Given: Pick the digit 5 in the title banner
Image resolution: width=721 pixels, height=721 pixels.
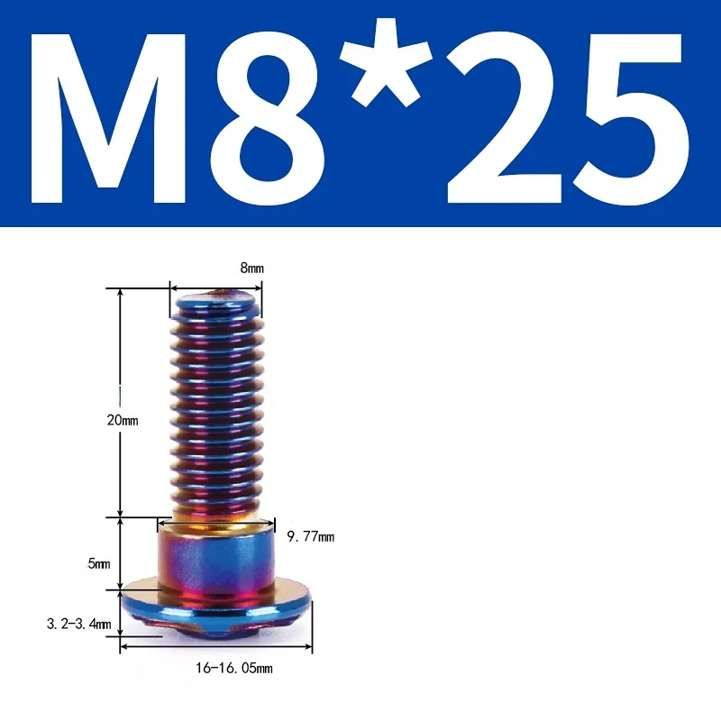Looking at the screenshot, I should (x=627, y=116).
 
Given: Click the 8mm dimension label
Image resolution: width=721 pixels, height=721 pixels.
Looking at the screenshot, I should (x=251, y=269).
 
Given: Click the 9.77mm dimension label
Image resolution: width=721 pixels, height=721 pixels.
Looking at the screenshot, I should (x=310, y=537).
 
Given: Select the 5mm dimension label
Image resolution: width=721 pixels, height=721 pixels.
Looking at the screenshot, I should (x=98, y=564).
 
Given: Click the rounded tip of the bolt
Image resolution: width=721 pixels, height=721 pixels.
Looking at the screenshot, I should (x=216, y=296).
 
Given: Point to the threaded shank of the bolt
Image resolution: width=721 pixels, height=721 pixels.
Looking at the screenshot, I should (x=216, y=406).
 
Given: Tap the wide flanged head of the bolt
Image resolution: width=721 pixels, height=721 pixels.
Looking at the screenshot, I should (x=216, y=606).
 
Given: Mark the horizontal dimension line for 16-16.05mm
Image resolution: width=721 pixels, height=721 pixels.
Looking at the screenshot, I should (x=216, y=647).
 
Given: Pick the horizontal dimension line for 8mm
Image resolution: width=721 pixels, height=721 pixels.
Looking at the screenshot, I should (x=216, y=288).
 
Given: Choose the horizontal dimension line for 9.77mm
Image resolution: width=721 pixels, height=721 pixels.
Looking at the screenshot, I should (x=216, y=520).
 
